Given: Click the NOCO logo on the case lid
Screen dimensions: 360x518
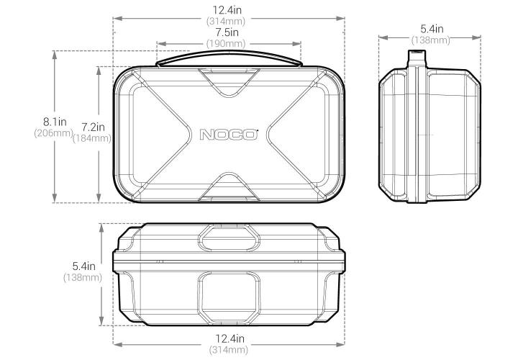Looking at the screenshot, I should [228, 135].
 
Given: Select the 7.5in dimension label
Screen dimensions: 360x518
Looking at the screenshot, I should [228, 32].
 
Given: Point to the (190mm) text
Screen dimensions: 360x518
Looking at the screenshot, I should [228, 44].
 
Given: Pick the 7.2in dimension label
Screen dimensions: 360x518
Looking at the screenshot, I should [92, 127].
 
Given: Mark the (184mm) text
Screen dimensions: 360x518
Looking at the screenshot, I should [92, 138].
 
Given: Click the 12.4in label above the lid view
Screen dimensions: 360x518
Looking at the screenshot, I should [228, 9].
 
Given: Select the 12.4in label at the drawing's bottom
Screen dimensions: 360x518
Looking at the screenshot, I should [228, 338].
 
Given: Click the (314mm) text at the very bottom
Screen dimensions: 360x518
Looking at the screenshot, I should [228, 350].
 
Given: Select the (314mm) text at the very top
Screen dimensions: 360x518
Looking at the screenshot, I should [228, 21].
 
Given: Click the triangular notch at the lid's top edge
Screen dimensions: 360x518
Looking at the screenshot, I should [228, 79].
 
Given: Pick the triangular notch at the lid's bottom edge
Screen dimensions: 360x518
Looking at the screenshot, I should [228, 187].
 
